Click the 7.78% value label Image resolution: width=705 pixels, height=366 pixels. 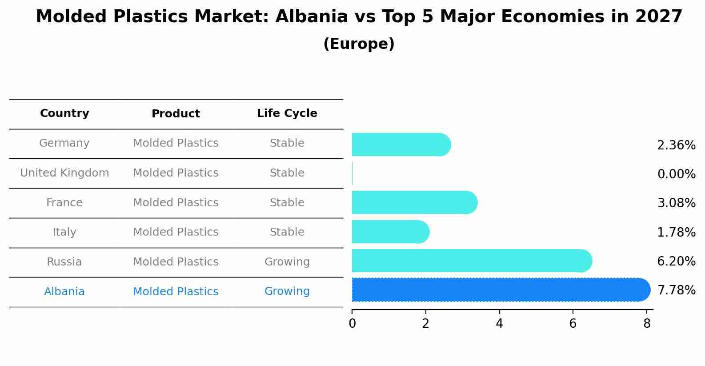(676, 290)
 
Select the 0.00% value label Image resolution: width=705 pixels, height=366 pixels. (676, 174)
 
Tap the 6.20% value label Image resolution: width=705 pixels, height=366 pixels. (676, 261)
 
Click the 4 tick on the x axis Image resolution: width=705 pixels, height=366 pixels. (499, 324)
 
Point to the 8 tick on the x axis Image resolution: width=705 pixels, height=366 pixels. (647, 324)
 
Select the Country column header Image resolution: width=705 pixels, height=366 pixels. (64, 113)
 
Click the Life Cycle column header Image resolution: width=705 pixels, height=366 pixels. (287, 113)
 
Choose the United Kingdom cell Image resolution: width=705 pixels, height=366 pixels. (64, 173)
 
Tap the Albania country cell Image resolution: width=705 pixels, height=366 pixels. (64, 292)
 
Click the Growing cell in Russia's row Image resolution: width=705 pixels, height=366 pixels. (287, 262)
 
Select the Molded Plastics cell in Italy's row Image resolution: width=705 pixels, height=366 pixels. (176, 232)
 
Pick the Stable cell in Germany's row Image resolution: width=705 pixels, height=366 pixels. (287, 143)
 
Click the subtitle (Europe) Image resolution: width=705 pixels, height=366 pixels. (359, 44)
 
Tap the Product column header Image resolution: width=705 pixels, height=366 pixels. (176, 114)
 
